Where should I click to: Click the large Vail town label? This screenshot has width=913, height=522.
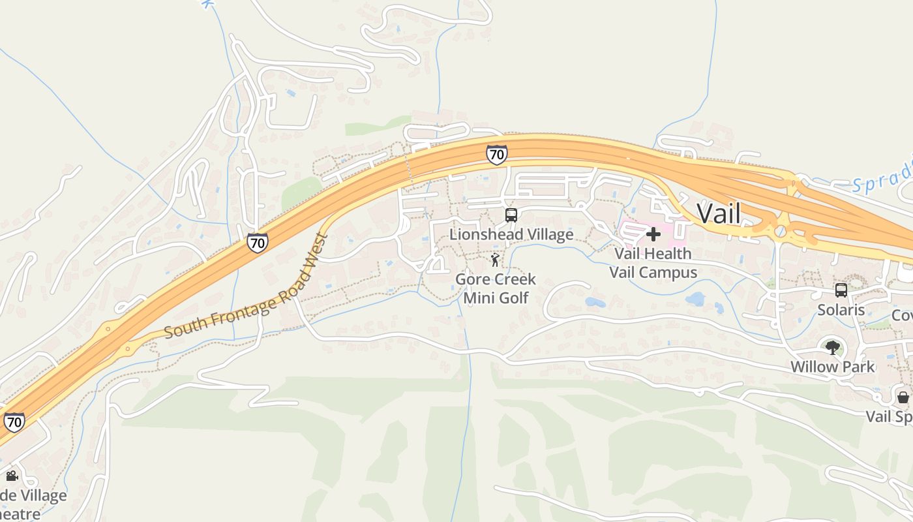pyautogui.click(x=719, y=213)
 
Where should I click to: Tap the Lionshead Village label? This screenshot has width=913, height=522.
pyautogui.click(x=511, y=234)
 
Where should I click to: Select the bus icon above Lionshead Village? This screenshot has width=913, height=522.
pyautogui.click(x=511, y=215)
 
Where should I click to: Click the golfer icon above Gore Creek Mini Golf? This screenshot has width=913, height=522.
pyautogui.click(x=496, y=260)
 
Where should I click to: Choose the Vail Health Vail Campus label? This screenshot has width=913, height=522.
pyautogui.click(x=653, y=262)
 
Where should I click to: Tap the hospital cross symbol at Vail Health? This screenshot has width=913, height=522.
pyautogui.click(x=653, y=234)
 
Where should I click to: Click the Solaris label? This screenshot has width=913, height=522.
pyautogui.click(x=841, y=310)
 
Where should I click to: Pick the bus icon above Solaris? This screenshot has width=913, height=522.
pyautogui.click(x=841, y=290)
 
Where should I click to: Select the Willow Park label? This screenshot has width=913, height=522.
pyautogui.click(x=832, y=367)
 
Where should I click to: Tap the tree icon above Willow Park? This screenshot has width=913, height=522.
pyautogui.click(x=832, y=347)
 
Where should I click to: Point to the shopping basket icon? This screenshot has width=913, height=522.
pyautogui.click(x=903, y=397)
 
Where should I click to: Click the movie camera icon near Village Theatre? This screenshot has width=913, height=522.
pyautogui.click(x=11, y=476)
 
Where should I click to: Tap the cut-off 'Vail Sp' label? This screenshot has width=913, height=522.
pyautogui.click(x=889, y=416)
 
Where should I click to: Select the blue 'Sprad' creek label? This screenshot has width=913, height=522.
pyautogui.click(x=882, y=177)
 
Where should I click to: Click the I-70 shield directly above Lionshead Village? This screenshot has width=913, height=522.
pyautogui.click(x=496, y=155)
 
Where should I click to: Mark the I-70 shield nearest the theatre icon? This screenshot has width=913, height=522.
pyautogui.click(x=14, y=422)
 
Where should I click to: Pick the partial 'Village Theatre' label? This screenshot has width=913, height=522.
pyautogui.click(x=33, y=504)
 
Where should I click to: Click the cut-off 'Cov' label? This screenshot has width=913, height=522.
pyautogui.click(x=903, y=316)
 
